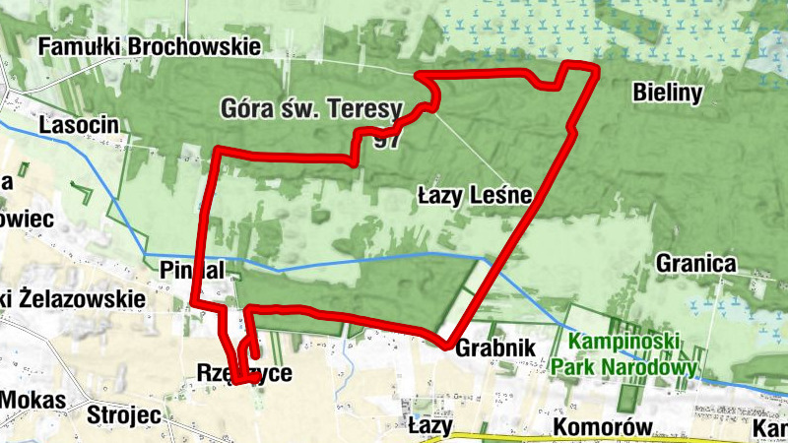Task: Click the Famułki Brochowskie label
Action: click(x=151, y=46)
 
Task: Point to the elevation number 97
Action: click(x=387, y=141)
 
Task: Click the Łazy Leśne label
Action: click(x=474, y=198)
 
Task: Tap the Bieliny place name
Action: click(x=667, y=94)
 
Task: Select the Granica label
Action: click(x=695, y=264)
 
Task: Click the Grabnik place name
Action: click(x=495, y=348)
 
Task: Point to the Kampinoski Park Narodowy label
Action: click(x=624, y=355)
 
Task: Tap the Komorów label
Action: click(x=604, y=426)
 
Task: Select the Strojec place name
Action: click(x=124, y=413)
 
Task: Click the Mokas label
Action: click(x=33, y=400)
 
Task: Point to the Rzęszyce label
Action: click(x=243, y=373)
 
